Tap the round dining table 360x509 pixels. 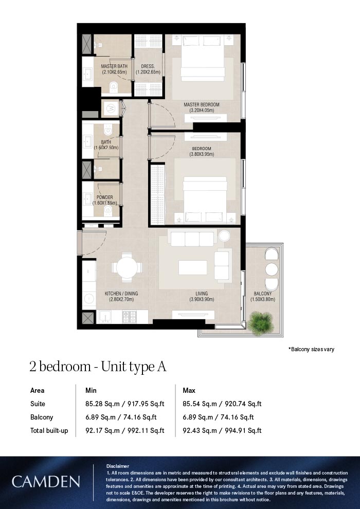tap(127, 267)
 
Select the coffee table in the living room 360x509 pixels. tap(193, 267)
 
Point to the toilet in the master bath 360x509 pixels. tap(114, 88)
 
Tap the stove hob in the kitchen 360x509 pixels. tap(128, 317)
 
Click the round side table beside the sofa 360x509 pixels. tap(224, 236)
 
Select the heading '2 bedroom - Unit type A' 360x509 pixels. tap(97, 367)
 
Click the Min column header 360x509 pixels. tap(91, 391)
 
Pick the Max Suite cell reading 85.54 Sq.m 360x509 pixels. tap(222, 404)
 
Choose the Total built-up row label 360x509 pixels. tap(49, 430)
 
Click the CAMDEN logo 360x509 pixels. tap(46, 482)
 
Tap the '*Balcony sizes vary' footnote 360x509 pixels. tap(311, 350)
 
